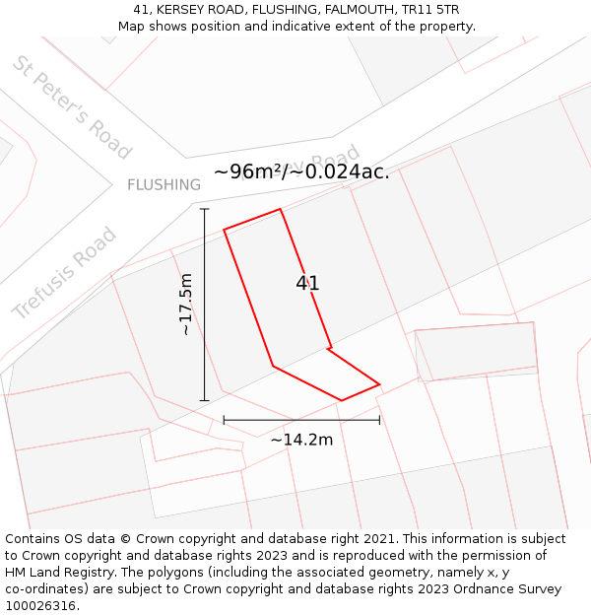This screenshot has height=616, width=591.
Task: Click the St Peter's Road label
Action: tap(72, 107)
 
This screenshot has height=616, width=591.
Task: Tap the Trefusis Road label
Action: tap(64, 273)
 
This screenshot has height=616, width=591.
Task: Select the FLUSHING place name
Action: tap(164, 184)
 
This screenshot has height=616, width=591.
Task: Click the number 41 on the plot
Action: tap(308, 284)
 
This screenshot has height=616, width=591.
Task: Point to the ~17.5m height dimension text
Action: tap(186, 305)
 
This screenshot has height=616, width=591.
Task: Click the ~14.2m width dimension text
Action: tap(301, 440)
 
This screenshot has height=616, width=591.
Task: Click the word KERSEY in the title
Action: tap(184, 10)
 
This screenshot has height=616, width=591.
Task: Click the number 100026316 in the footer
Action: tap(40, 606)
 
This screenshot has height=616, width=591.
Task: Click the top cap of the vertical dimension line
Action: tap(205, 209)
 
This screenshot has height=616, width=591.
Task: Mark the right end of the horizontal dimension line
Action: tap(379, 420)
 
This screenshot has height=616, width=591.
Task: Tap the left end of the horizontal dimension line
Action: tap(224, 420)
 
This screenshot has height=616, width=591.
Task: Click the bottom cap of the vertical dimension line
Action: tap(205, 400)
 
